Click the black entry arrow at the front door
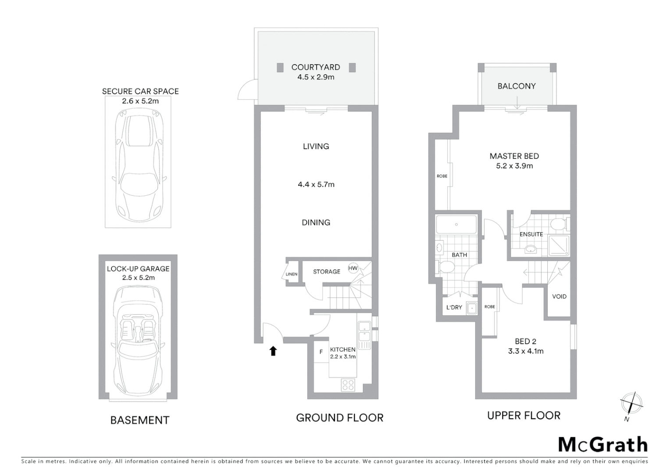273,351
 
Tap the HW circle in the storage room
353,268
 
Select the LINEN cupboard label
292,274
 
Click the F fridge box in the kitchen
321,352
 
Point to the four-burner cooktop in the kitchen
348,385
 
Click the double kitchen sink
364,331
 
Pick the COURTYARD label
316,67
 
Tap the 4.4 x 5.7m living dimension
316,185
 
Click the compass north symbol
631,403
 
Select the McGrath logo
602,445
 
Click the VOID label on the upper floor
559,297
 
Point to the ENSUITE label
531,234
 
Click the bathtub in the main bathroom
456,224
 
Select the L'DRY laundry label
454,308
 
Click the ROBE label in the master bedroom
442,176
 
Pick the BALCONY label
517,86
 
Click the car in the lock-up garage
138,340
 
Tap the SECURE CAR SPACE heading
140,91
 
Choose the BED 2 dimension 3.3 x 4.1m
526,351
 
